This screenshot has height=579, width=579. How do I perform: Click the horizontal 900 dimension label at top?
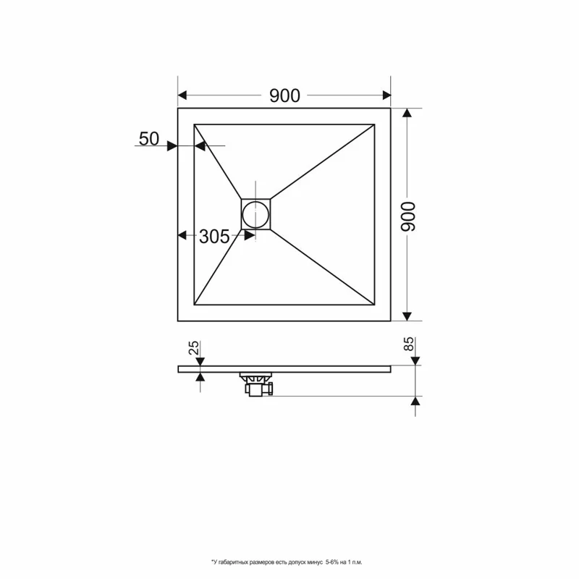coord(284,96)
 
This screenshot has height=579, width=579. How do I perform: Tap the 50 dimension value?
coord(149,140)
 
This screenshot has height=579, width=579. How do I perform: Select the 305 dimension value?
coord(214,236)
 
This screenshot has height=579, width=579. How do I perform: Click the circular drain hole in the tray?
coord(255,214)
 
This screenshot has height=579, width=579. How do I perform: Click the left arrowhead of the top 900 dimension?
coord(183,96)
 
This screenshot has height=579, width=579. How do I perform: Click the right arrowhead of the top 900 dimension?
coord(386,96)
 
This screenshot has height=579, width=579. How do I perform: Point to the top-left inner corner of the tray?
coord(194,124)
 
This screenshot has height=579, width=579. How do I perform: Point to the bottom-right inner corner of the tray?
coord(376,305)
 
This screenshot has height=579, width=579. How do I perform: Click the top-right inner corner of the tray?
coord(376,124)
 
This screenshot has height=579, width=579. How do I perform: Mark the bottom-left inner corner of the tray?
coord(194,305)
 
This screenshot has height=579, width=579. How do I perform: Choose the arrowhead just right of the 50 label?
coord(172,145)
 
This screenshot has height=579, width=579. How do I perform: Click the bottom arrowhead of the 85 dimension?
coord(415,400)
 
